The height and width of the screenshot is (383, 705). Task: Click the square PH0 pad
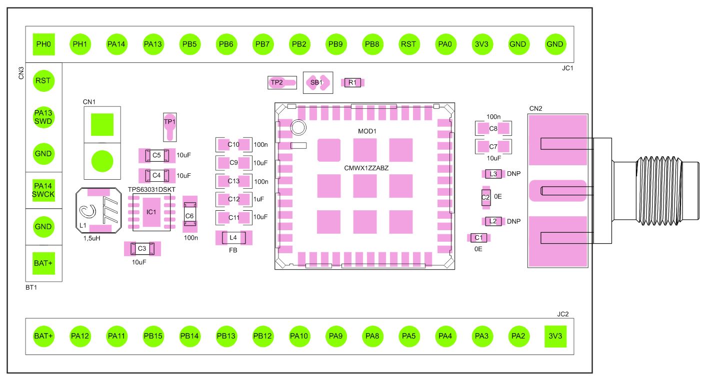coord(44,44)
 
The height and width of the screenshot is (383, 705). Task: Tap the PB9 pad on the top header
coord(335,44)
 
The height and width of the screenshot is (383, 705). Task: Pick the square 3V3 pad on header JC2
coord(555,336)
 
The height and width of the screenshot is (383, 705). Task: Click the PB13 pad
coord(226,336)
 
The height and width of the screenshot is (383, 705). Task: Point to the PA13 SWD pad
coord(44,117)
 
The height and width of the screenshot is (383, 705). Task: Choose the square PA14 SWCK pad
coord(44,190)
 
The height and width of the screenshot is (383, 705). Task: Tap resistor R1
coord(352,82)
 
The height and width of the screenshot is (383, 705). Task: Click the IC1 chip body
coord(151,212)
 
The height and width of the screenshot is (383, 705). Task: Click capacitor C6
coord(189,215)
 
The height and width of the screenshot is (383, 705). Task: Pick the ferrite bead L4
coord(233,238)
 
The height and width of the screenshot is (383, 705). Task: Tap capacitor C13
coord(233,181)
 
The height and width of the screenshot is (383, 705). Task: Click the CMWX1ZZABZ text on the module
coord(366,168)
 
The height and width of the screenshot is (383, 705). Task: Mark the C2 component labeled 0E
coord(485,197)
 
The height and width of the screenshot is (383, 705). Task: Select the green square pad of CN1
coord(102,125)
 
